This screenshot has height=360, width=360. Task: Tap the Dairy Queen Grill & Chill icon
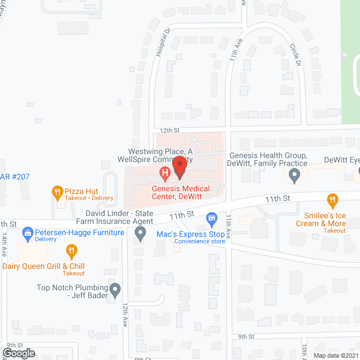click(x=71, y=250)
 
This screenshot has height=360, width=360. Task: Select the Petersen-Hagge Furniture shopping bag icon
click(x=27, y=232)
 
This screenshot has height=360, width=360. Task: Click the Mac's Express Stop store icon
click(x=211, y=217)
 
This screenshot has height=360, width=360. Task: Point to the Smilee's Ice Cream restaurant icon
click(x=332, y=199)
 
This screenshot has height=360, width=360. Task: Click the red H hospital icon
click(x=165, y=174)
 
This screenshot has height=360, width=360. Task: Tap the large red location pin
click(x=179, y=166)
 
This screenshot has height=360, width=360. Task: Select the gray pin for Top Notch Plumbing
click(x=115, y=290)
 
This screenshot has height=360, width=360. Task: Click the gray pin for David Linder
click(x=140, y=233)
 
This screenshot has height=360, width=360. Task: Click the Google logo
click(x=19, y=353)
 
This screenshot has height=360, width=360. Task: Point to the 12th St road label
click(x=169, y=130)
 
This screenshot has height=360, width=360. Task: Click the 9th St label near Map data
click(x=246, y=336)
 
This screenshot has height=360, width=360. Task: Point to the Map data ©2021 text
click(x=336, y=355)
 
